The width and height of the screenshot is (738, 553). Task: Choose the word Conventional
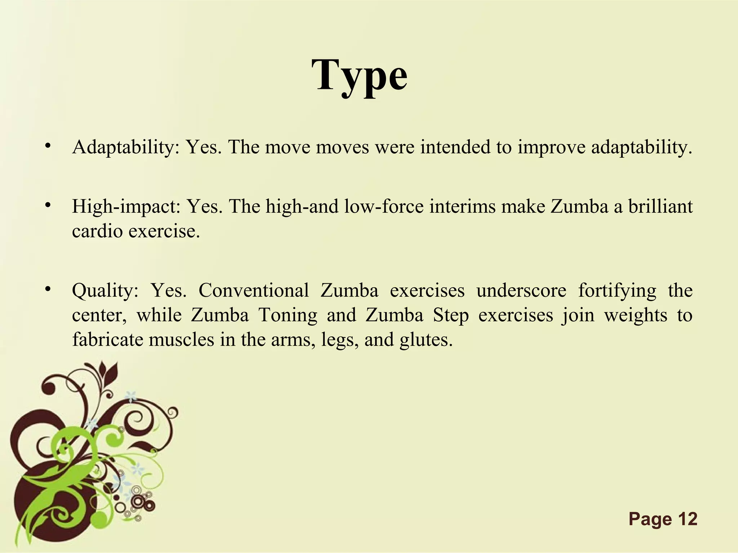(x=254, y=290)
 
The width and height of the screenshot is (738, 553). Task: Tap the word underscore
(x=521, y=290)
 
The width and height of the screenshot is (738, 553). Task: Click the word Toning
(x=288, y=315)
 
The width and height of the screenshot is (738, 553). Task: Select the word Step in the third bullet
(x=451, y=315)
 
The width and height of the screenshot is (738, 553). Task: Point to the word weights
(x=636, y=315)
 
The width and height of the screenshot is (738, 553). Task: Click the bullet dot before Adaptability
(x=47, y=146)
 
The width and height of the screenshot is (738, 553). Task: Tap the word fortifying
(x=617, y=290)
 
